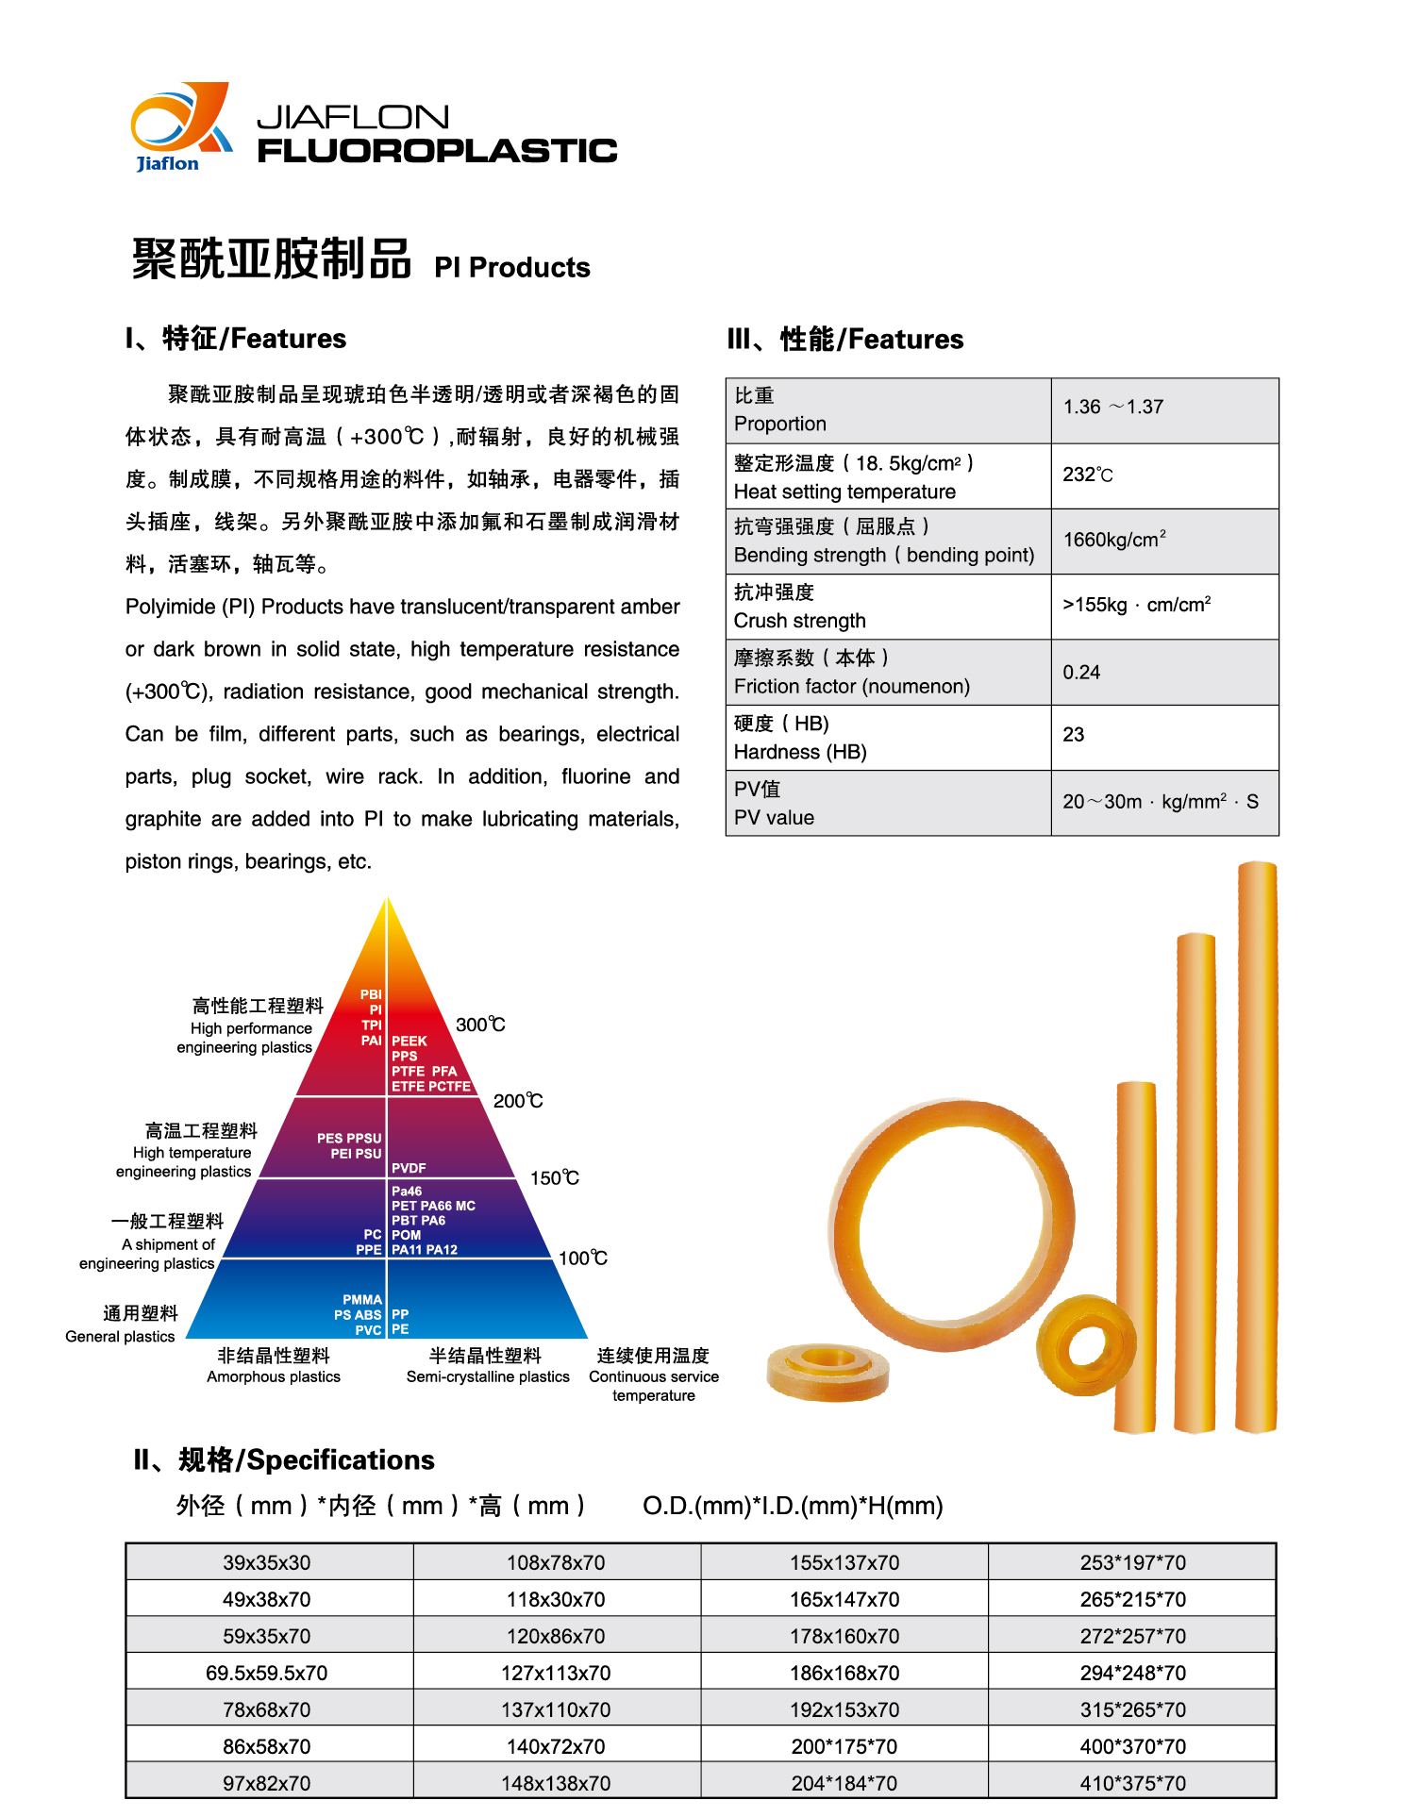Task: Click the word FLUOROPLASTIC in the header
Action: [x=437, y=151]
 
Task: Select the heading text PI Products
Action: [x=511, y=268]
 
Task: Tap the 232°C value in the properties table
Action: [x=1087, y=475]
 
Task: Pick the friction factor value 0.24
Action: [x=1081, y=672]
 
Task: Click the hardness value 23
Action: [x=1074, y=735]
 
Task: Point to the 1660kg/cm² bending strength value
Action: [x=1113, y=540]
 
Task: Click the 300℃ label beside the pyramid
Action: [x=480, y=1025]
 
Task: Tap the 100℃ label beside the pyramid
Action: [x=582, y=1258]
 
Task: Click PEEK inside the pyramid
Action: [x=409, y=1041]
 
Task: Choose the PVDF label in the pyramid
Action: [x=409, y=1168]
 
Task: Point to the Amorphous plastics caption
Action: [x=274, y=1376]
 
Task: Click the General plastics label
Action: [x=121, y=1336]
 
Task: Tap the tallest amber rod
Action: [x=1257, y=1146]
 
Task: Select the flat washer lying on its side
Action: [x=827, y=1372]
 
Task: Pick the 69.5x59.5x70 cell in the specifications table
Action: [x=267, y=1673]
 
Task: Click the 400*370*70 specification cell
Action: [x=1132, y=1746]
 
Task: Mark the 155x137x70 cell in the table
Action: [x=844, y=1562]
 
